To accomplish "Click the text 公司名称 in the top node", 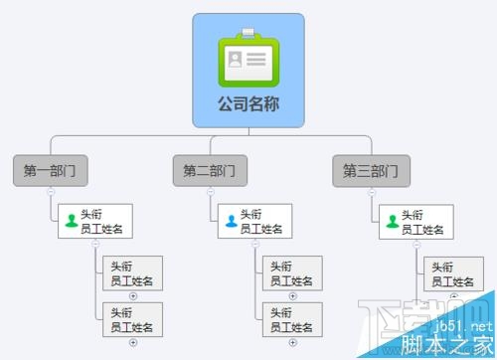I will click(248, 102).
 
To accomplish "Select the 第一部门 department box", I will click(50, 170).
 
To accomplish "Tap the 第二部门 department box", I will click(210, 170).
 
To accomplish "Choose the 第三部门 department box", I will click(370, 170).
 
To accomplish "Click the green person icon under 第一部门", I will click(71, 221).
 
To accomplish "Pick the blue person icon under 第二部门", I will click(231, 221).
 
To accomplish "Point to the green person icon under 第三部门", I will click(392, 221).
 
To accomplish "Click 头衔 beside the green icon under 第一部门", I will click(91, 214).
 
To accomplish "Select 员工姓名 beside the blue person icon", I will click(261, 229).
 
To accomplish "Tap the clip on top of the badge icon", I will click(248, 35).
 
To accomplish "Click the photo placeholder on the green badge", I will click(236, 60).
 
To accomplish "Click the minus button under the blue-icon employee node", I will click(255, 243).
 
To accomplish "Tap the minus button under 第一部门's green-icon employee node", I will click(95, 243).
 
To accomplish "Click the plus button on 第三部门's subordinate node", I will click(454, 295).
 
